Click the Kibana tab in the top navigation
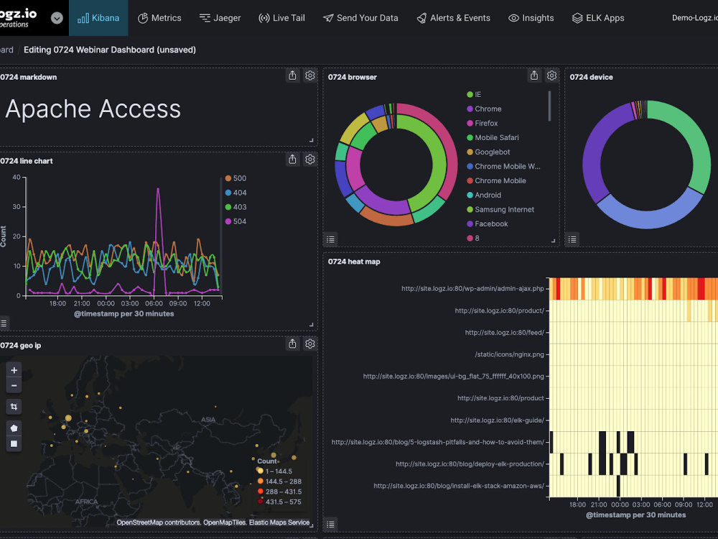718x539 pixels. (x=98, y=18)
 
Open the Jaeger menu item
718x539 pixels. (x=220, y=18)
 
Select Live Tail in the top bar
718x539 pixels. (x=281, y=18)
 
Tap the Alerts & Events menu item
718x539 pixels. (x=453, y=18)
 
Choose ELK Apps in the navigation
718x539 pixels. (x=598, y=18)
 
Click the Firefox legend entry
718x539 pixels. (x=486, y=123)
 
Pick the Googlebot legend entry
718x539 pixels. (x=492, y=152)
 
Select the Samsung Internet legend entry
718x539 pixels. (x=504, y=209)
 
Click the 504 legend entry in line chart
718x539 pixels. (x=239, y=221)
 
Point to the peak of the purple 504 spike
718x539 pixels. (x=158, y=189)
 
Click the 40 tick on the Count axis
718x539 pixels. (x=15, y=178)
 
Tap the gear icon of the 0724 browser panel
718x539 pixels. (x=551, y=75)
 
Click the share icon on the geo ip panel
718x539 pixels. (x=292, y=344)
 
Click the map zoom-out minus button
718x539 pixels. (x=14, y=386)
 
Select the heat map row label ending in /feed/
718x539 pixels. (x=504, y=333)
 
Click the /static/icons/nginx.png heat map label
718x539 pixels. (x=509, y=354)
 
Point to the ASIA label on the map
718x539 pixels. (x=208, y=419)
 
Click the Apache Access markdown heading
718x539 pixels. (x=93, y=109)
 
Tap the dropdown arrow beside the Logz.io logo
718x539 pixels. (x=57, y=18)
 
